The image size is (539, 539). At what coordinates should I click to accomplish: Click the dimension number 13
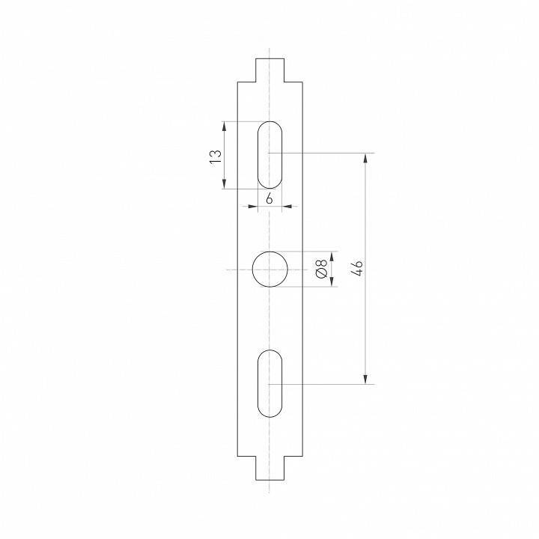(x=215, y=156)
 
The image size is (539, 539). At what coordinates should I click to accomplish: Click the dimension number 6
(x=269, y=198)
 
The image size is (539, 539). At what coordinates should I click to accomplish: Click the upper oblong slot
(x=269, y=154)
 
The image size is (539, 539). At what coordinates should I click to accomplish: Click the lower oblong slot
(x=269, y=383)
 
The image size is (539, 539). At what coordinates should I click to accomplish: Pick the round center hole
(x=269, y=269)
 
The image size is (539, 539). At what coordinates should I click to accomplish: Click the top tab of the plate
(x=269, y=70)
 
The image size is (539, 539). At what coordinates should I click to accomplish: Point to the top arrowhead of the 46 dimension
(x=365, y=158)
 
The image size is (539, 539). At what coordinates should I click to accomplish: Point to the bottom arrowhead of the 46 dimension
(x=365, y=380)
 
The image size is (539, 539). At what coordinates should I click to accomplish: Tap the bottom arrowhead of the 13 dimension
(x=225, y=184)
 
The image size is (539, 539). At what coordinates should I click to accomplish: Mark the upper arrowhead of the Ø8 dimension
(x=331, y=255)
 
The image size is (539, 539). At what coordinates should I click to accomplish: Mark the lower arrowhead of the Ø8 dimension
(x=331, y=283)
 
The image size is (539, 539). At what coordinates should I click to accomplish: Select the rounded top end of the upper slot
(x=269, y=124)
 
